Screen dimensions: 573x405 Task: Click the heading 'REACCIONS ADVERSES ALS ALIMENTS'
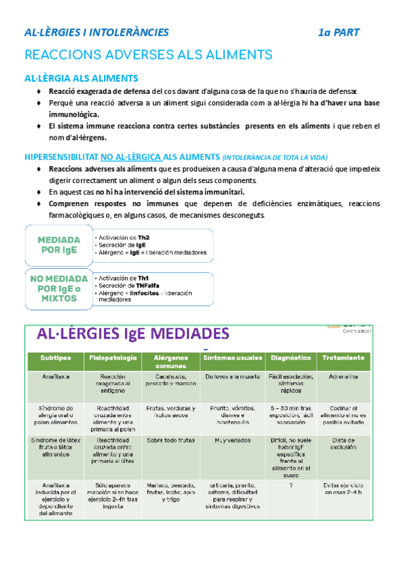(148, 55)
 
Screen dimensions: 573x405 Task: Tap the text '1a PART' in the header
(340, 32)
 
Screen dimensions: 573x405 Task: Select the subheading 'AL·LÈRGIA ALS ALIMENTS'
(81, 78)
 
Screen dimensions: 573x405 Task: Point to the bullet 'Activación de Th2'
(125, 238)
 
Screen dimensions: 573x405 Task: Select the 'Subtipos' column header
(51, 357)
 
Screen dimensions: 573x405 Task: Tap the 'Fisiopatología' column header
(112, 357)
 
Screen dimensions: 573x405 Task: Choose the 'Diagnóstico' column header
(290, 357)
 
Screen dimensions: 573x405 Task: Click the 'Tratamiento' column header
(343, 357)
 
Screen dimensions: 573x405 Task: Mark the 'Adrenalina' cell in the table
(344, 377)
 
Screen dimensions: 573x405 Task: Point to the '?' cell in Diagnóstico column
(290, 485)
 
